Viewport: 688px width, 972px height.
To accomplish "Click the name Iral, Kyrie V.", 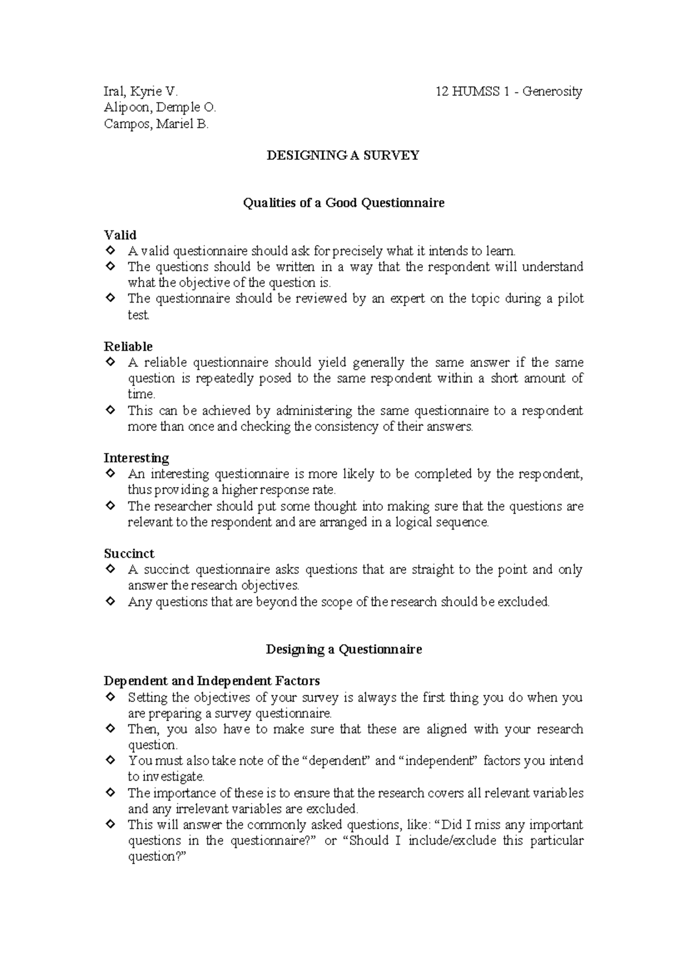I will (x=141, y=91).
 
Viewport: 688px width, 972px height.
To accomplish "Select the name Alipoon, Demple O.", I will (x=160, y=107).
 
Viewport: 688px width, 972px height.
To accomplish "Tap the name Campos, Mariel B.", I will (x=156, y=123).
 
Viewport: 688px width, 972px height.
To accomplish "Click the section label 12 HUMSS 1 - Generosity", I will (x=509, y=91).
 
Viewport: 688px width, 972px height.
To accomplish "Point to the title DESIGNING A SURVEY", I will (x=343, y=155).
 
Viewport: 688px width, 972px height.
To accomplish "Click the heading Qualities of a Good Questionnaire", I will (x=343, y=203).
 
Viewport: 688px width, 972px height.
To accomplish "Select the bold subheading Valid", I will (x=120, y=235).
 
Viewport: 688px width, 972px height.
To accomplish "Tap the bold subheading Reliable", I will (x=128, y=346).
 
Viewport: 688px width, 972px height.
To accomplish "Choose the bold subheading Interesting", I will (x=136, y=458).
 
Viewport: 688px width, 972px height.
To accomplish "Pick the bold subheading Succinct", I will (x=129, y=554).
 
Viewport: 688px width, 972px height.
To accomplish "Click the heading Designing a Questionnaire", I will (x=343, y=649).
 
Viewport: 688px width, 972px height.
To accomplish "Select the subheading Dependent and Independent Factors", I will (x=212, y=681).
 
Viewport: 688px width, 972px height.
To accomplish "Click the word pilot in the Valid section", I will (x=570, y=299).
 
